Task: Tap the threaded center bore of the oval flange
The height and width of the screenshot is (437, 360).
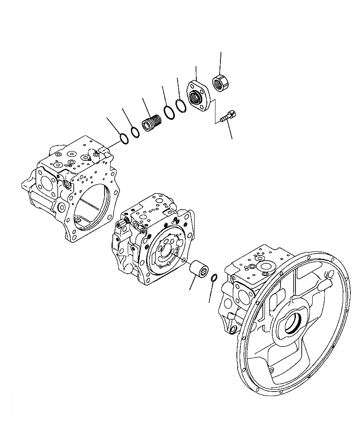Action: click(197, 97)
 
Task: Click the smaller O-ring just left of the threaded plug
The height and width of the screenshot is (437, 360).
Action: click(135, 132)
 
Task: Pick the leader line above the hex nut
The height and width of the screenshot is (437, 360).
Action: click(221, 63)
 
